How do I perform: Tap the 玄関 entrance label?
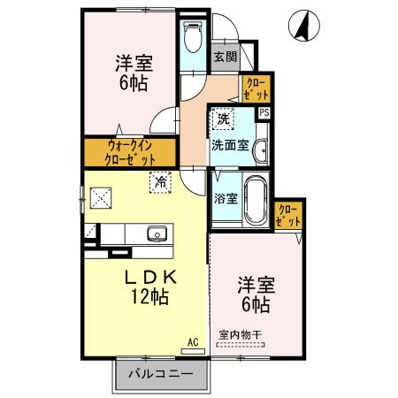(225, 57)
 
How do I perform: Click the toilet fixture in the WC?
(192, 36)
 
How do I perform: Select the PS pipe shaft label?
(264, 112)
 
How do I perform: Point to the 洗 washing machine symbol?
(224, 119)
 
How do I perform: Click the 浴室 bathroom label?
(226, 199)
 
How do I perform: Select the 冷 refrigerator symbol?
(161, 182)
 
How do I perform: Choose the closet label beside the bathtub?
(289, 215)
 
